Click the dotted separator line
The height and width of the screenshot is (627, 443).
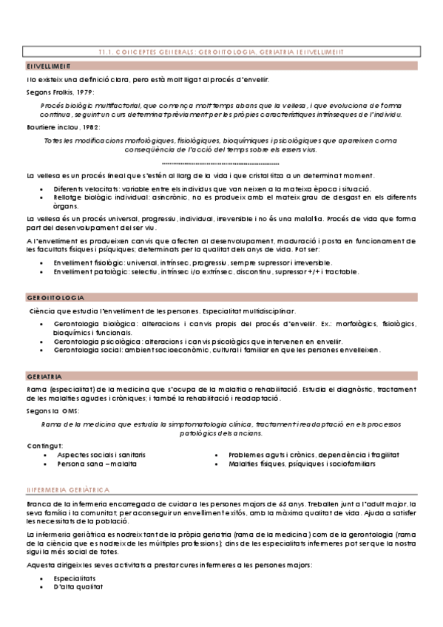point(220,163)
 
